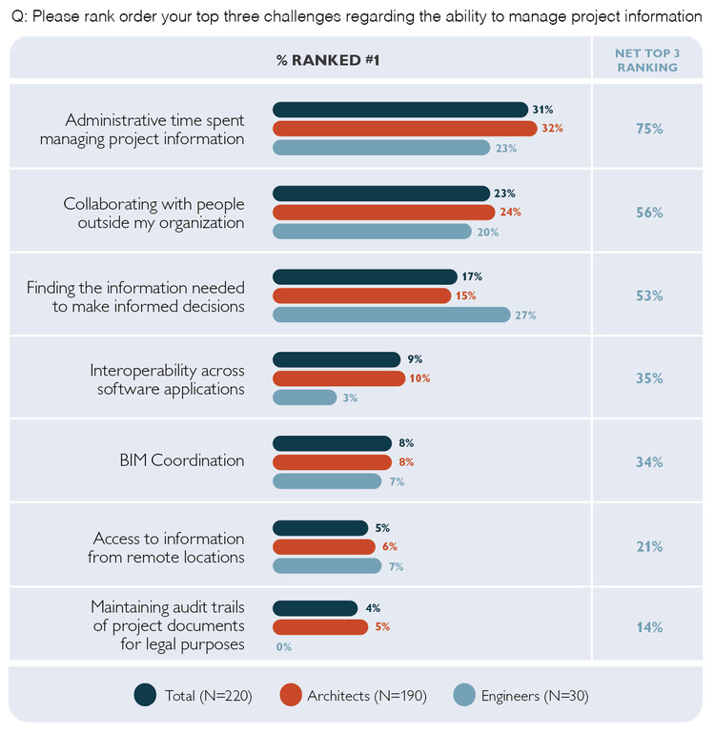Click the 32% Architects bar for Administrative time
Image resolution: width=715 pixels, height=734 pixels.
(404, 129)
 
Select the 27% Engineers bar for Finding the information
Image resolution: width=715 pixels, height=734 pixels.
(391, 315)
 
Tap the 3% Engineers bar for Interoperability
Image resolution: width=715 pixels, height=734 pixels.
(304, 398)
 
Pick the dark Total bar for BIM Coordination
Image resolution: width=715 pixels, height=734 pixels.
(332, 443)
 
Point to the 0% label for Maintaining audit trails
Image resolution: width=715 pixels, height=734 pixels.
(283, 646)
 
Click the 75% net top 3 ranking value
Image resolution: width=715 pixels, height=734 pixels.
(649, 129)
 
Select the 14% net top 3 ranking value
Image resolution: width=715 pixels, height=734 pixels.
(649, 627)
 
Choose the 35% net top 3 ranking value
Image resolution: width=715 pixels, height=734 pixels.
(649, 378)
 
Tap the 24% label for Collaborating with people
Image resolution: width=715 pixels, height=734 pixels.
(511, 212)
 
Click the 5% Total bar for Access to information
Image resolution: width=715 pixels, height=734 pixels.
(319, 527)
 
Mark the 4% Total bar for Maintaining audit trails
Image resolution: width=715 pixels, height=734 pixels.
(315, 608)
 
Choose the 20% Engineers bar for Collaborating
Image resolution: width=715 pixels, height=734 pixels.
(372, 232)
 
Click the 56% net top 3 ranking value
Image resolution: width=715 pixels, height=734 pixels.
(649, 213)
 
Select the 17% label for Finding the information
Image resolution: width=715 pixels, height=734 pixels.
(471, 276)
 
